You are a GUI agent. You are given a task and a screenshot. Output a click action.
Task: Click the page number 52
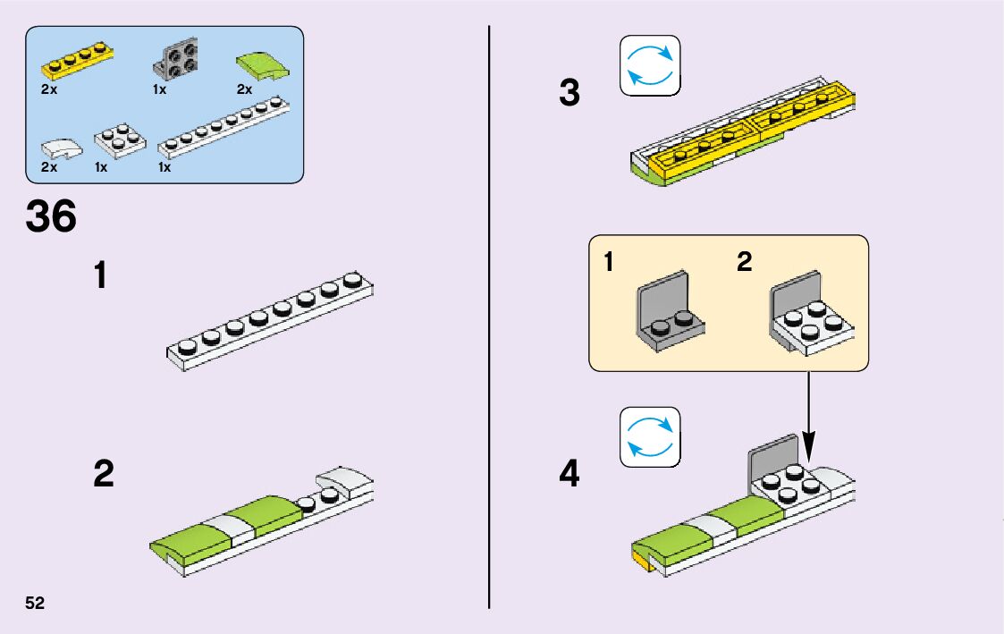tap(35, 602)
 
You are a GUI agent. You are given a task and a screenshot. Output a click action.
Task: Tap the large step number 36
tap(51, 216)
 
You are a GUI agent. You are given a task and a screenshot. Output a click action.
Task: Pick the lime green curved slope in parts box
tap(257, 64)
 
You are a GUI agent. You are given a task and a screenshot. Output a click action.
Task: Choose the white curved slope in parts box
tap(61, 146)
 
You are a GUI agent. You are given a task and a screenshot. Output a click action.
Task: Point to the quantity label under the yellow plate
tap(49, 89)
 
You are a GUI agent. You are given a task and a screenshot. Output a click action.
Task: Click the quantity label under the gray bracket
tap(160, 89)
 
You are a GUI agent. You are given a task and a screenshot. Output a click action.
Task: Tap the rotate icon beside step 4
tap(650, 437)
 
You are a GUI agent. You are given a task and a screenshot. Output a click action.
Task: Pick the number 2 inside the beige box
tap(744, 262)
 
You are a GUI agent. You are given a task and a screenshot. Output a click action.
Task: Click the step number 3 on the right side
tap(569, 93)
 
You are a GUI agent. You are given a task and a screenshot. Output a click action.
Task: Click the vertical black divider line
tap(489, 317)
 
